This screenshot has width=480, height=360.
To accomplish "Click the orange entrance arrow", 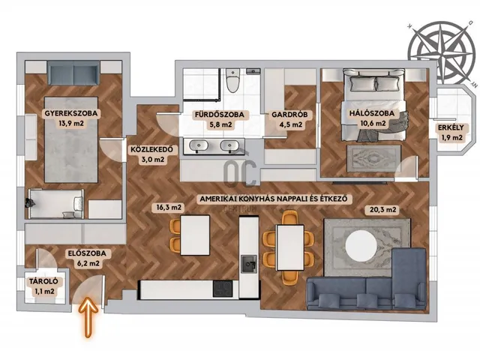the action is click(88, 316).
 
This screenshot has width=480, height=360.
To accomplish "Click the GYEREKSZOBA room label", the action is click(71, 113).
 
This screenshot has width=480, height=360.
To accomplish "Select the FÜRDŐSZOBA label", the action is click(220, 115).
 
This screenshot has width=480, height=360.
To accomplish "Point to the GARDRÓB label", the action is click(289, 115).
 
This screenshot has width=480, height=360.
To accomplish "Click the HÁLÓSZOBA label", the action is click(372, 113).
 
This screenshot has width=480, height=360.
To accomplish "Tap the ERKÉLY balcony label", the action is click(451, 127).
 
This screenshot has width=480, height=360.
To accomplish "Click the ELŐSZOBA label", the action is click(87, 253).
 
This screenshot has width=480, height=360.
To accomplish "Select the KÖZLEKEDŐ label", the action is click(151, 149).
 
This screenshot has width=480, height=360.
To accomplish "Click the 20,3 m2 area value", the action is click(383, 210).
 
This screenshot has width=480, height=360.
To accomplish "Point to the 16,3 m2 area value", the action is click(169, 208).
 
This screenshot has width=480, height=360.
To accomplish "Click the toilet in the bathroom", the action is click(232, 80).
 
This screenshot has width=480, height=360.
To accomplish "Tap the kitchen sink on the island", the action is click(248, 264).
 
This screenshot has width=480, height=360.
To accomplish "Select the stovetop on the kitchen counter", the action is click(223, 289).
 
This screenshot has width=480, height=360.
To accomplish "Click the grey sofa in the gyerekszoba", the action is click(73, 73).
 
